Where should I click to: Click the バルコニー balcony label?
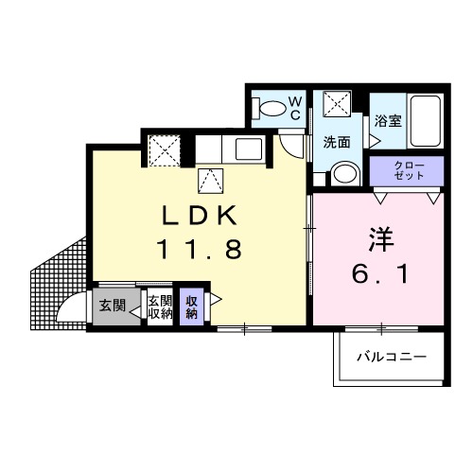392,358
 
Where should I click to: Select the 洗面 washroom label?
336,143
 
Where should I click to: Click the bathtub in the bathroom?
424,120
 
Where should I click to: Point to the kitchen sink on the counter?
249,149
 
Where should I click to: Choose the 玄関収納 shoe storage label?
157,307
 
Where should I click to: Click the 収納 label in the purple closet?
191,307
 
